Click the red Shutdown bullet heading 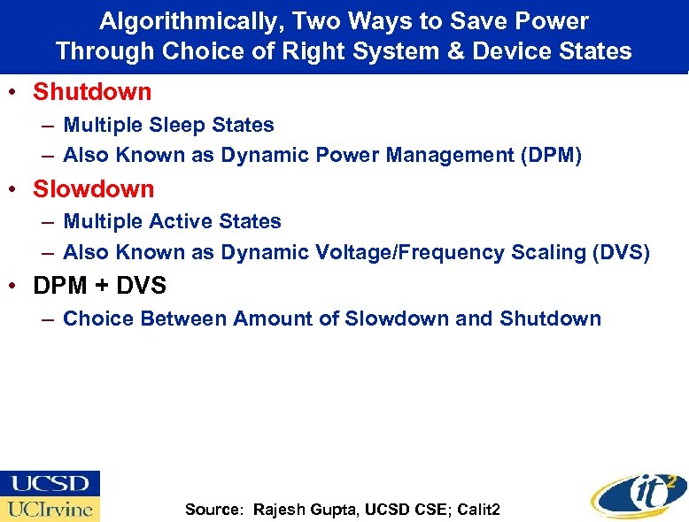[92, 91]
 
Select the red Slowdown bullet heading [93, 188]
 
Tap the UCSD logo [50, 483]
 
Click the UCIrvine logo [50, 509]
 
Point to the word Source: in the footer [213, 509]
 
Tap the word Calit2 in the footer [478, 509]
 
